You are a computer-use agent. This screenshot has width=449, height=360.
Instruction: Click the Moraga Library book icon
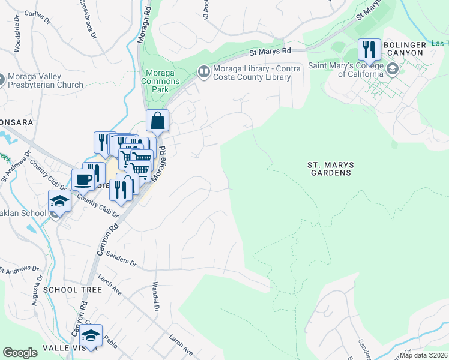pyautogui.click(x=203, y=73)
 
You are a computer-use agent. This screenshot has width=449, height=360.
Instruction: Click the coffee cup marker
pyautogui.click(x=83, y=179)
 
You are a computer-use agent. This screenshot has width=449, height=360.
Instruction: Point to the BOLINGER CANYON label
pyautogui.click(x=412, y=49)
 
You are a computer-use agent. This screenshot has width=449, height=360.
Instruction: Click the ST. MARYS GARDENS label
pyautogui.click(x=329, y=168)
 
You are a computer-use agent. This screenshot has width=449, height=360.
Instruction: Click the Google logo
pyautogui.click(x=20, y=353)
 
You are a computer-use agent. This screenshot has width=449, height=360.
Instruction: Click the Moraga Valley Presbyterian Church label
pyautogui.click(x=46, y=81)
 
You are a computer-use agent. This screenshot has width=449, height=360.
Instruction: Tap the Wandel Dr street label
pyautogui.click(x=155, y=296)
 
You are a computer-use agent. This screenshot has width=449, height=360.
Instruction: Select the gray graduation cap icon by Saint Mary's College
pyautogui.click(x=393, y=70)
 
